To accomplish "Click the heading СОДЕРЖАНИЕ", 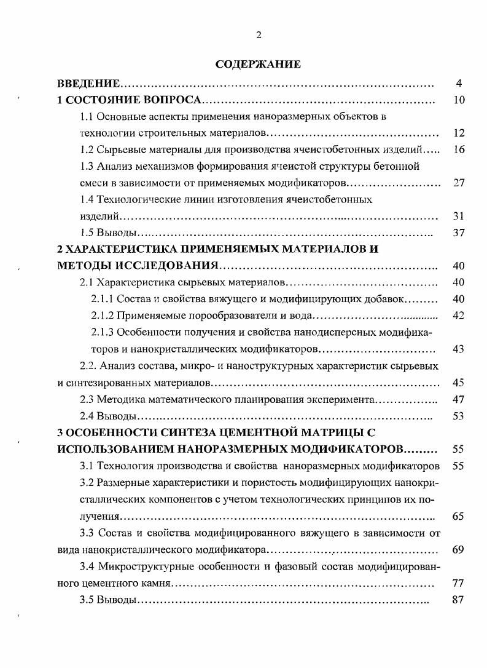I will [x=258, y=64].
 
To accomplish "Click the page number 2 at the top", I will [x=259, y=35].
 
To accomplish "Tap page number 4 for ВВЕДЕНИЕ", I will [x=459, y=83].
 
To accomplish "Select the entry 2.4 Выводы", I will [x=109, y=416].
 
